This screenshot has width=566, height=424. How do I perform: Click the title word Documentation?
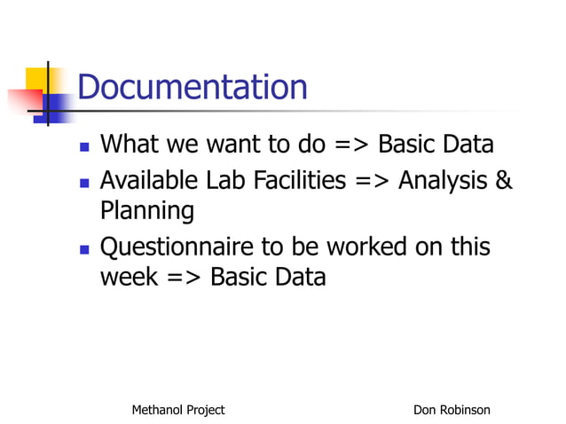click(193, 88)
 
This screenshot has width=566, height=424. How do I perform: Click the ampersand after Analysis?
click(503, 181)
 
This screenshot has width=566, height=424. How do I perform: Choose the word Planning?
click(146, 213)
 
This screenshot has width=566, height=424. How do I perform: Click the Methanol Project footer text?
click(177, 410)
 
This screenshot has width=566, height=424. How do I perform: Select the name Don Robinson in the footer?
click(452, 410)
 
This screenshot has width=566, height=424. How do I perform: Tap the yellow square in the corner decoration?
click(36, 80)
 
